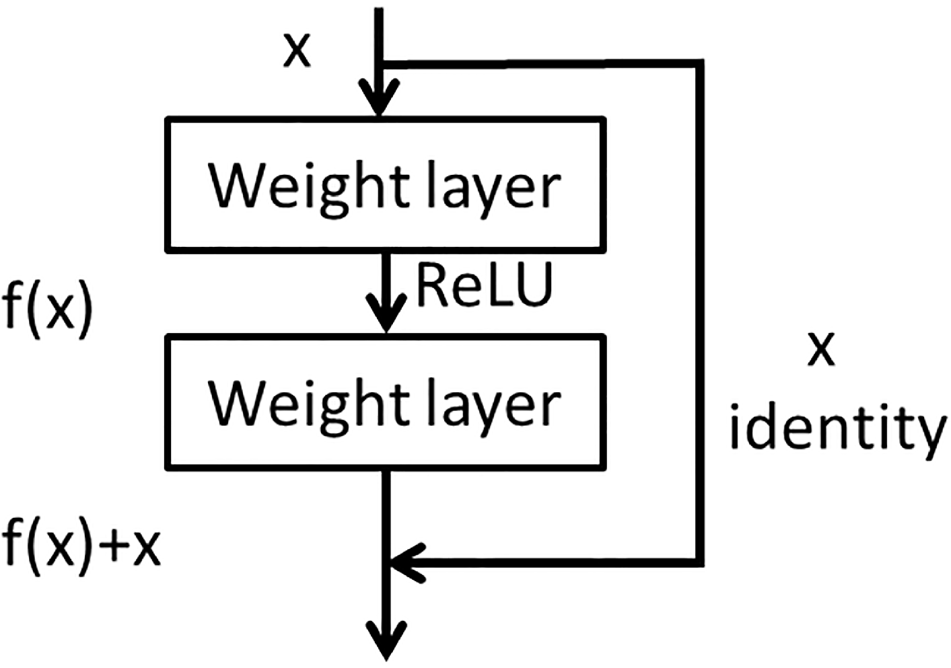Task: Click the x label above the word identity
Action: point(821,350)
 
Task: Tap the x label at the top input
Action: point(297,50)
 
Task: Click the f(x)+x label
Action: point(81,546)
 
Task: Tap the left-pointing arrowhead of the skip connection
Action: point(404,560)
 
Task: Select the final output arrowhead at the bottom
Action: point(387,642)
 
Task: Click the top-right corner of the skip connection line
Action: point(699,65)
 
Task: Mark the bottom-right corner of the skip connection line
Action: point(699,560)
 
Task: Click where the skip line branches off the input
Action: point(382,65)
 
